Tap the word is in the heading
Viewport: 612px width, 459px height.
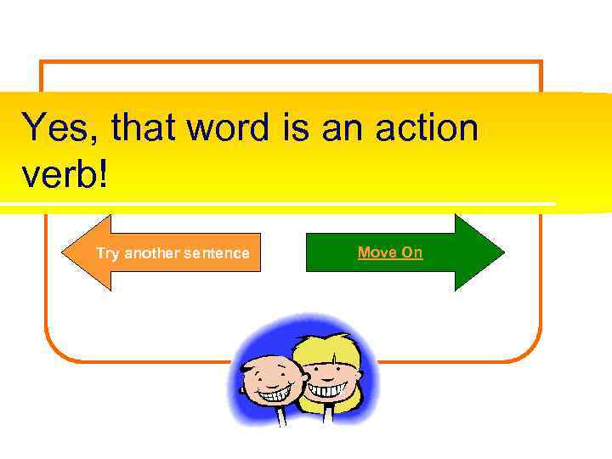click(x=294, y=128)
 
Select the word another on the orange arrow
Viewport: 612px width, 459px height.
click(x=153, y=253)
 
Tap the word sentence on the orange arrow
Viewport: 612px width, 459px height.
click(x=218, y=253)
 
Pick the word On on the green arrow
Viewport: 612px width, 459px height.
click(x=412, y=252)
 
